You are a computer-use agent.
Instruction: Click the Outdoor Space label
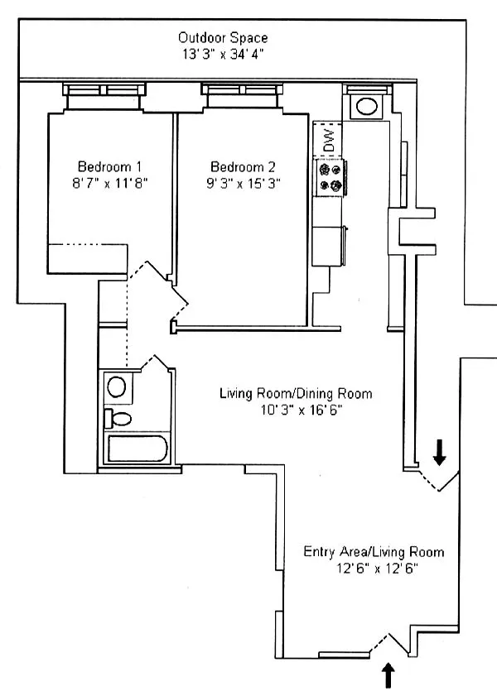tap(223, 38)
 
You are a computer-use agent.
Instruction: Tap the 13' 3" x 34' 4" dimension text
tap(223, 55)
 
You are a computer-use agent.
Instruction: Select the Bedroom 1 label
tap(109, 167)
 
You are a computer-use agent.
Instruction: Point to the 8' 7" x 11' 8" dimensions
tap(109, 184)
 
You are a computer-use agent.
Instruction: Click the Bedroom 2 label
tap(243, 167)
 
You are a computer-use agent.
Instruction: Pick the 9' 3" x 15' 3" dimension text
tap(243, 184)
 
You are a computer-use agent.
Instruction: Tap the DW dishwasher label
tap(329, 140)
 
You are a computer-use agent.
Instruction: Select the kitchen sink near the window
tap(367, 107)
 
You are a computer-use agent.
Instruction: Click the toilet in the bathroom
tap(118, 419)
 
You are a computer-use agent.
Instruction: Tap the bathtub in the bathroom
tap(138, 449)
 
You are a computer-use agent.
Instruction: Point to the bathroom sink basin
tap(117, 387)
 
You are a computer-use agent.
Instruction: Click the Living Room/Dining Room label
tap(296, 393)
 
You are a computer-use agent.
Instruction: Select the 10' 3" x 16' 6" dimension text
tap(302, 410)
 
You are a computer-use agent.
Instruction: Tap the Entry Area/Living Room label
tap(374, 552)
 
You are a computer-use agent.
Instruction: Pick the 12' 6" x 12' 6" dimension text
tap(377, 569)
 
